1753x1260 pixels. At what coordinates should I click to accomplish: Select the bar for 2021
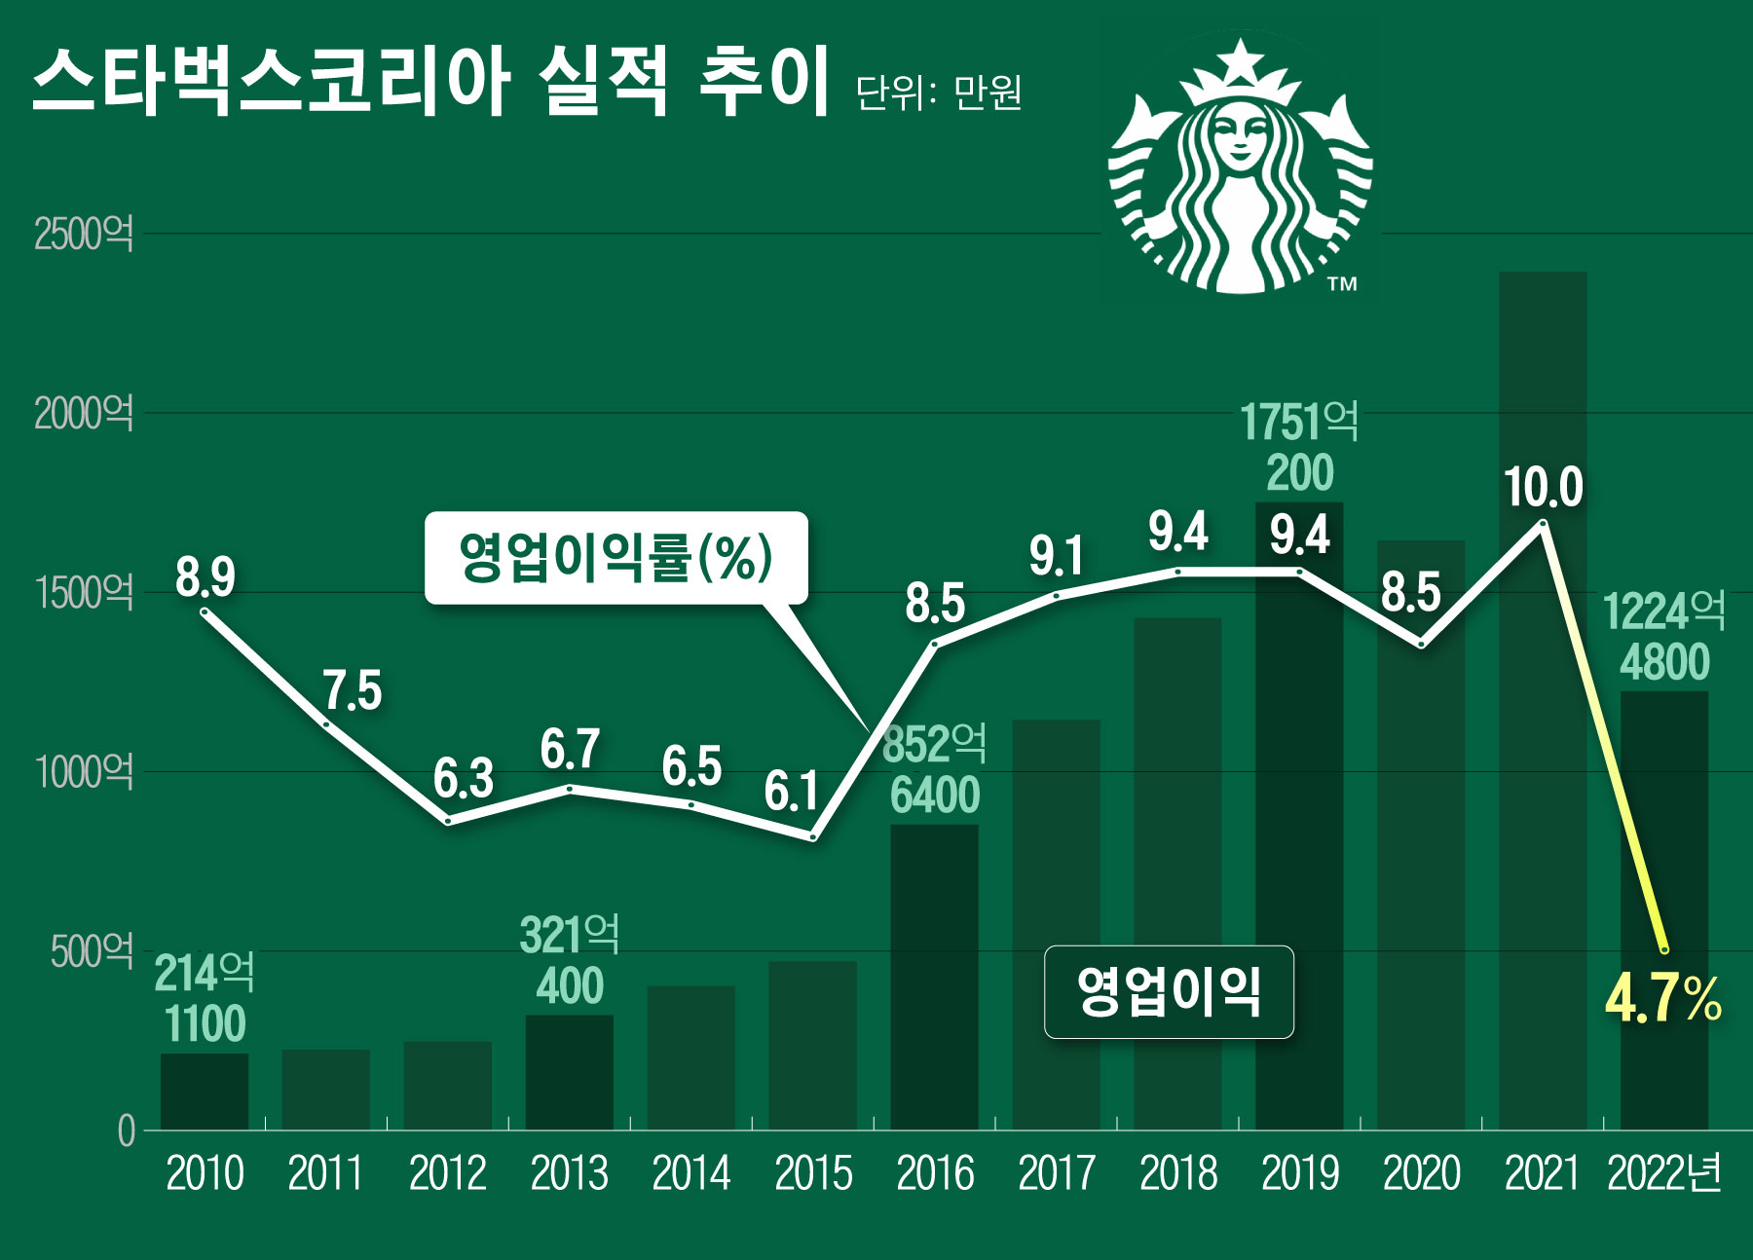[x=1543, y=701]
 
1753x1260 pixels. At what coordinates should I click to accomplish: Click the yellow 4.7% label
[x=1663, y=999]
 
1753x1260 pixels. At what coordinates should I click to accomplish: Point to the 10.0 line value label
[x=1544, y=487]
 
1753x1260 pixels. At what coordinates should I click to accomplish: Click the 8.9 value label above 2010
[x=205, y=576]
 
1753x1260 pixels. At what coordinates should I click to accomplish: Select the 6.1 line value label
[x=791, y=791]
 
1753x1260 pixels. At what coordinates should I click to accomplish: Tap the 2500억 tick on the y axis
[x=84, y=235]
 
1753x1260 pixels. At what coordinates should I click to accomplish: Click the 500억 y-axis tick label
[x=92, y=951]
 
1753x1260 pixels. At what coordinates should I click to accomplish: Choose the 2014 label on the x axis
[x=690, y=1173]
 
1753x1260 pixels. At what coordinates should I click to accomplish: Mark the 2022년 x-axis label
[x=1663, y=1173]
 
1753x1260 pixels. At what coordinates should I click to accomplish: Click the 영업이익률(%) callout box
[x=615, y=558]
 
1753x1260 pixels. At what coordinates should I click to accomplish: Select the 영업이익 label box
[x=1169, y=991]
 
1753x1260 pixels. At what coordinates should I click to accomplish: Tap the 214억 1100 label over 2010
[x=205, y=998]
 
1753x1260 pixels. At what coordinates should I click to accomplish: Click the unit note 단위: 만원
[x=939, y=93]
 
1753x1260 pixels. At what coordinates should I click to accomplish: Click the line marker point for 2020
[x=1421, y=644]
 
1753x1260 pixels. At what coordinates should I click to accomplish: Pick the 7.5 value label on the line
[x=353, y=690]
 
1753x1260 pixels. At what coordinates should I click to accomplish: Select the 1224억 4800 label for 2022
[x=1663, y=637]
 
